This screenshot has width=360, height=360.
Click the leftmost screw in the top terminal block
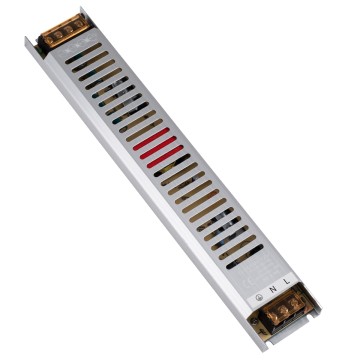[x=52, y=39]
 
